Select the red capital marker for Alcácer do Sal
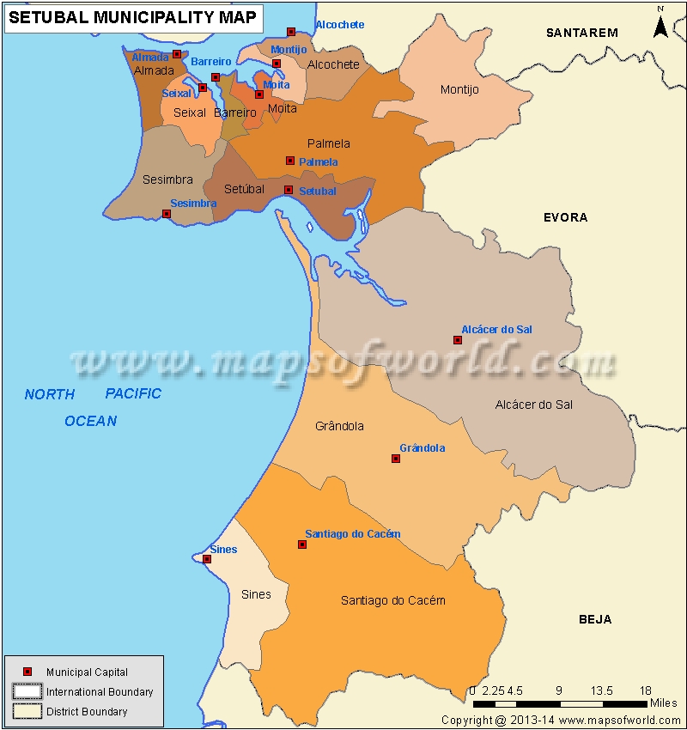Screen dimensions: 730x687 458,340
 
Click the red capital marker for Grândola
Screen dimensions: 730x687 396,459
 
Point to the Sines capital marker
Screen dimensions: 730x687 207,559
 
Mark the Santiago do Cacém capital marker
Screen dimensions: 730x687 302,544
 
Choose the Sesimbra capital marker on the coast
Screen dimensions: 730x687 167,214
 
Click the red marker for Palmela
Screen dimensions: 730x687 290,161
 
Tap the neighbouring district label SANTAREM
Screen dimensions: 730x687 582,33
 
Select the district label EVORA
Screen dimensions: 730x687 565,217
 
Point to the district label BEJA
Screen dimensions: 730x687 594,619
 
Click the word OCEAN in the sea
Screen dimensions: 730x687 90,421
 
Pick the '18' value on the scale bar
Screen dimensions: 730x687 645,690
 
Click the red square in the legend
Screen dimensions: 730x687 27,672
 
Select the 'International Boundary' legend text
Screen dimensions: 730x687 100,692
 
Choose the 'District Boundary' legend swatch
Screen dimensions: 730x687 27,711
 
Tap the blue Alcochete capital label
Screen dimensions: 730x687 339,25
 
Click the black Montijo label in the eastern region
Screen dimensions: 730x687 459,89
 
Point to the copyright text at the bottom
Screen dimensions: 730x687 562,720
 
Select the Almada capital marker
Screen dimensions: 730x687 177,54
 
